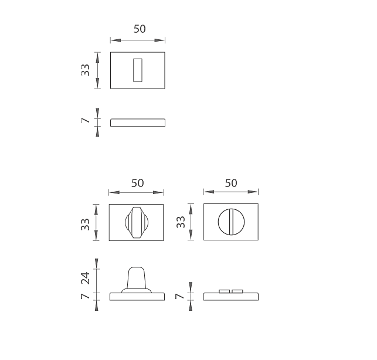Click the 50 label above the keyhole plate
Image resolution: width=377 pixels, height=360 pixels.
click(140, 29)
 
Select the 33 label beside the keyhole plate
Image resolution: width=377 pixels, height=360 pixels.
click(86, 70)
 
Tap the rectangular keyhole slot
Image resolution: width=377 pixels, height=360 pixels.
click(138, 70)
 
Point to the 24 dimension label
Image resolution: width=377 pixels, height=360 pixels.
click(86, 279)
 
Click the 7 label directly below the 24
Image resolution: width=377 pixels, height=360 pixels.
click(86, 296)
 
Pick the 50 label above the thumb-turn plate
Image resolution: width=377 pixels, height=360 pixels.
click(137, 183)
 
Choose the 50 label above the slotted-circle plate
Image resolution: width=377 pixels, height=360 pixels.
click(231, 183)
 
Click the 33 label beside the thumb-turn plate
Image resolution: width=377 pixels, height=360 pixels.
click(86, 225)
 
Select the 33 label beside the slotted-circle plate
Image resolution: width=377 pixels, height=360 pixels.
click(181, 222)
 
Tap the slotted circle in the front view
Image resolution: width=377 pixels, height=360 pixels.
click(231, 222)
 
